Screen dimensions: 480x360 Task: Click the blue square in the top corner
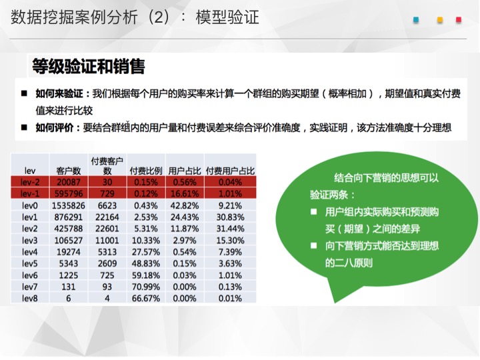[416, 20]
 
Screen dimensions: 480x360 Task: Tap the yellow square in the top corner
[440, 20]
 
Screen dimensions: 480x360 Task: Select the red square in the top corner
[458, 20]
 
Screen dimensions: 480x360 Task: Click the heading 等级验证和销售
[89, 66]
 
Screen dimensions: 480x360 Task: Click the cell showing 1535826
[68, 205]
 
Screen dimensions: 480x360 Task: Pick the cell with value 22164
[107, 217]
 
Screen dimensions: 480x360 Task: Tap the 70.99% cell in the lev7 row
[146, 287]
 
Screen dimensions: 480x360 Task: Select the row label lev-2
[30, 182]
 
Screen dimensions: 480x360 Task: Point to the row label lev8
[30, 298]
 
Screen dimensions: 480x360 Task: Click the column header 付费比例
[146, 171]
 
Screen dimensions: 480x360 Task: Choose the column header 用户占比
[185, 171]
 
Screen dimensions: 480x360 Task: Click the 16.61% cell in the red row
[185, 194]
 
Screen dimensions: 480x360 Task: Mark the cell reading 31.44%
[230, 229]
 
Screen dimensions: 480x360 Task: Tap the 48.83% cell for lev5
[146, 263]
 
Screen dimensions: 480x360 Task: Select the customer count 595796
[68, 194]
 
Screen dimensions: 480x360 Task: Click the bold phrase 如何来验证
[59, 93]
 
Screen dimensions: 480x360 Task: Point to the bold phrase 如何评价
[55, 127]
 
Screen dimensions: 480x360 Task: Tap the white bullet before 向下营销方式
[313, 245]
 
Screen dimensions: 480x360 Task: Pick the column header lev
[30, 171]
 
